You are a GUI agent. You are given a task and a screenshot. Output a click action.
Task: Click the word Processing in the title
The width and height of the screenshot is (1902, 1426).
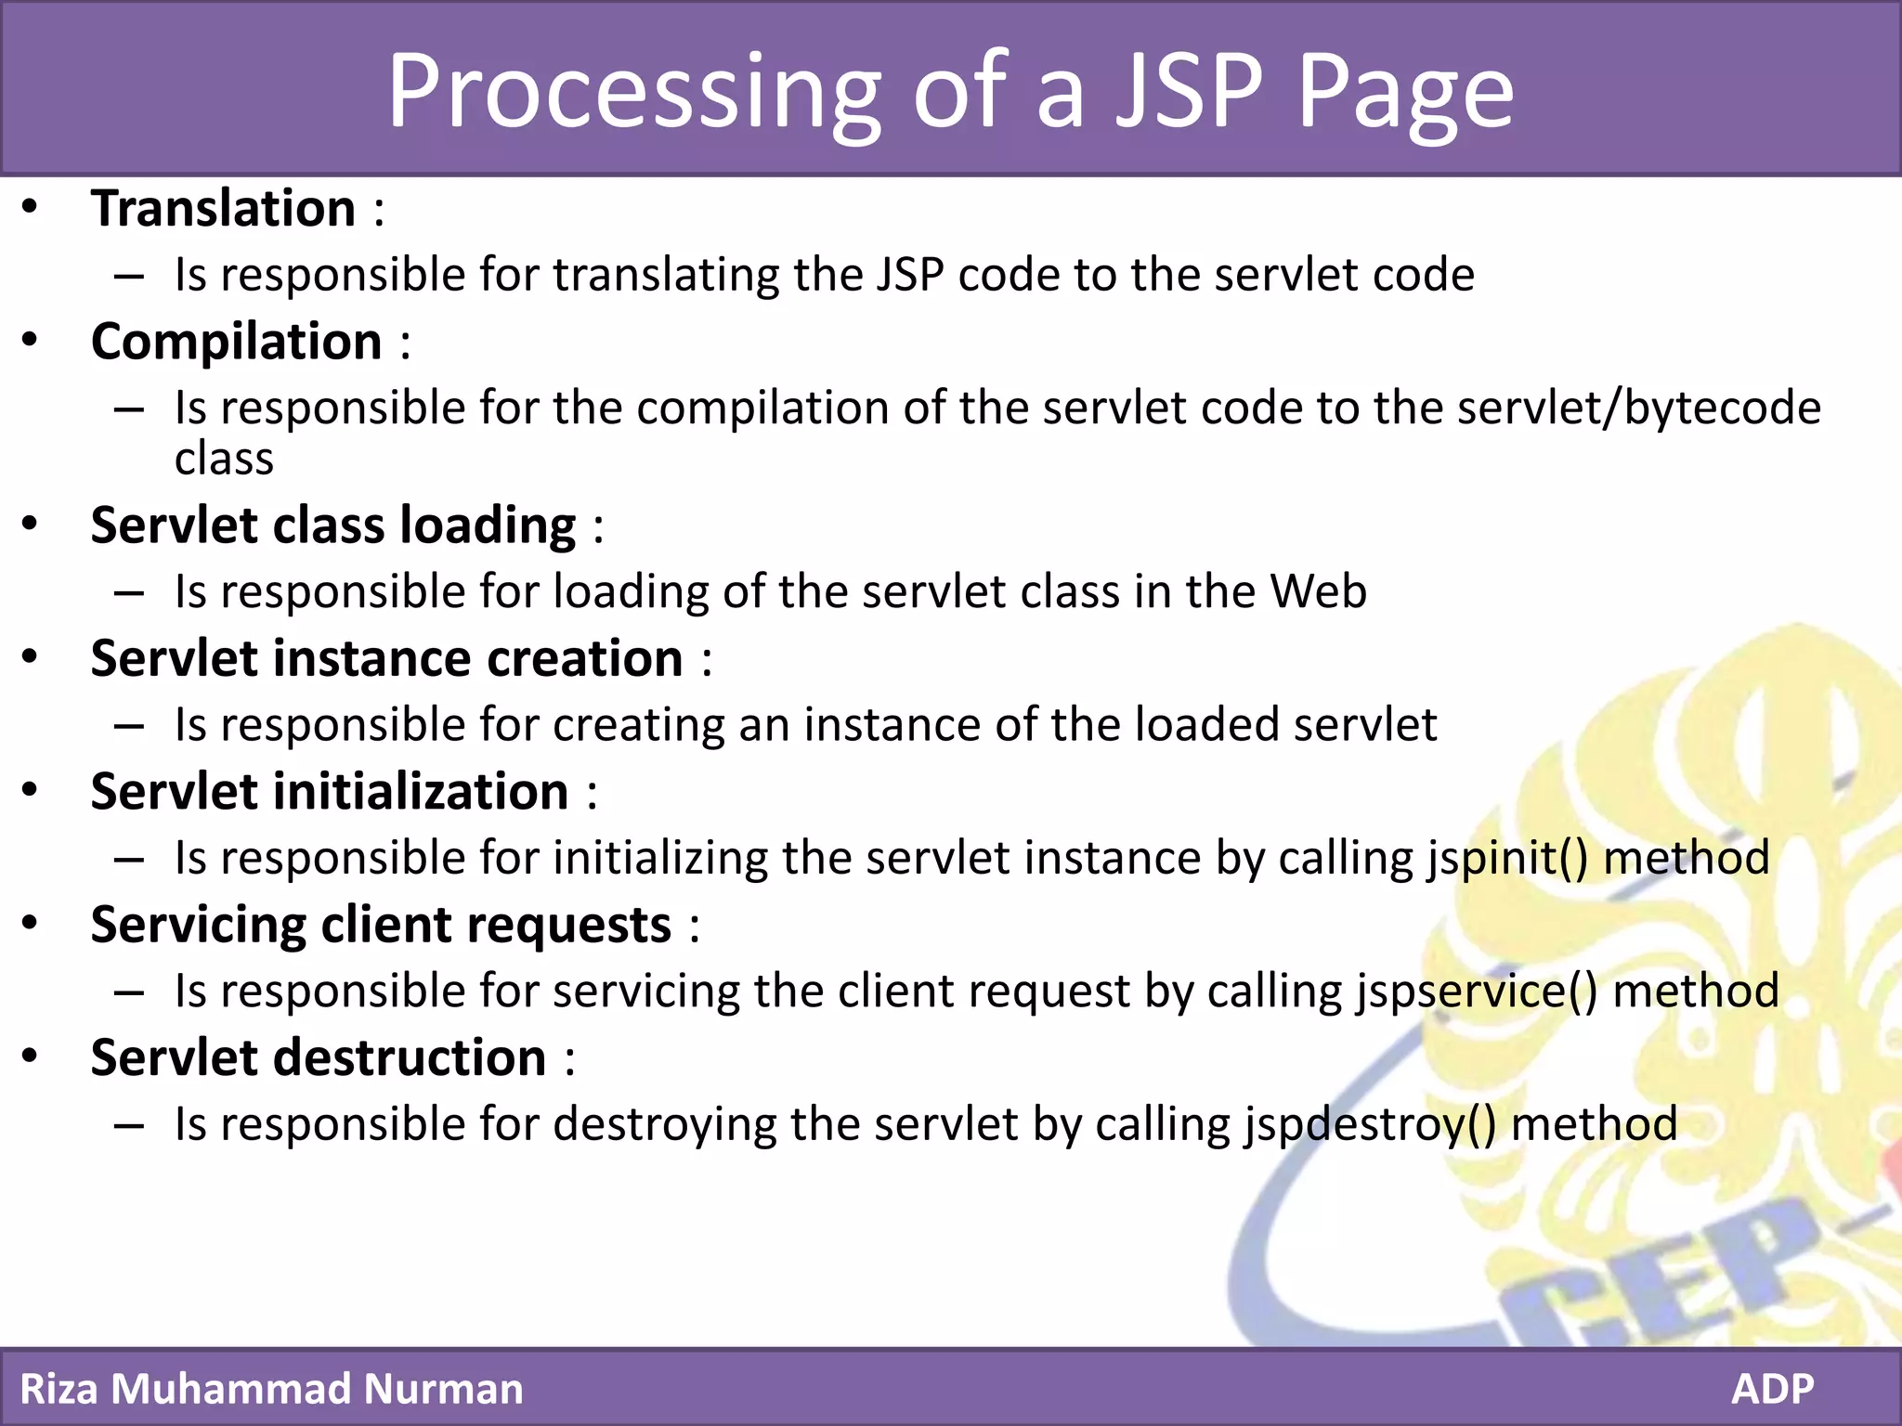pos(632,93)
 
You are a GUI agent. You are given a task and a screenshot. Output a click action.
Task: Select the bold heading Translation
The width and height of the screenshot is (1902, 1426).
pos(223,208)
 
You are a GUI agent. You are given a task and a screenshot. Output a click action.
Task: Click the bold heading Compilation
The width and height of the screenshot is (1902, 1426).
pos(237,342)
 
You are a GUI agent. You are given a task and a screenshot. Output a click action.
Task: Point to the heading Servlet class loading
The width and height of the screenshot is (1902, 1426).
pos(333,525)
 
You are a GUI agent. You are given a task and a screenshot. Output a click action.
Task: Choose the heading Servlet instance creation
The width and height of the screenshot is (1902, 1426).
pos(386,659)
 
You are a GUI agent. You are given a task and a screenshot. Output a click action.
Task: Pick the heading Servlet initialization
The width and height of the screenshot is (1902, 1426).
pos(330,792)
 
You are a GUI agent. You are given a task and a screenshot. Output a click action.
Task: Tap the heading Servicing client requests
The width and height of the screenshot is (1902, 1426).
pos(381,926)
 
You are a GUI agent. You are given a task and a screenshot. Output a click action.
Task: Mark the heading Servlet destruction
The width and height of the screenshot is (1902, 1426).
pos(319,1058)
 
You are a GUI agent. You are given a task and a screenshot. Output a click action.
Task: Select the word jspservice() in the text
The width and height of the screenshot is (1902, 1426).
pos(1476,991)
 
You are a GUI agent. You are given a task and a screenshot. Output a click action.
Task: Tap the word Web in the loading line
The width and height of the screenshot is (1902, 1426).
pos(1318,591)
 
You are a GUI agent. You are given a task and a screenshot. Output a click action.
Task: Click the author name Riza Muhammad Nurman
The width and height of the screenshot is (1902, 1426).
pos(271,1389)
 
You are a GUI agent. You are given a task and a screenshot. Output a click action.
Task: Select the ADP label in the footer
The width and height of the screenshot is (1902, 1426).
pos(1772,1389)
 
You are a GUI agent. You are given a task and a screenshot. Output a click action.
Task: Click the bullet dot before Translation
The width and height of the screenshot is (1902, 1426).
pos(30,206)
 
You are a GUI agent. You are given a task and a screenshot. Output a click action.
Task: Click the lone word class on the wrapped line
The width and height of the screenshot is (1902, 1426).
pos(224,459)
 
